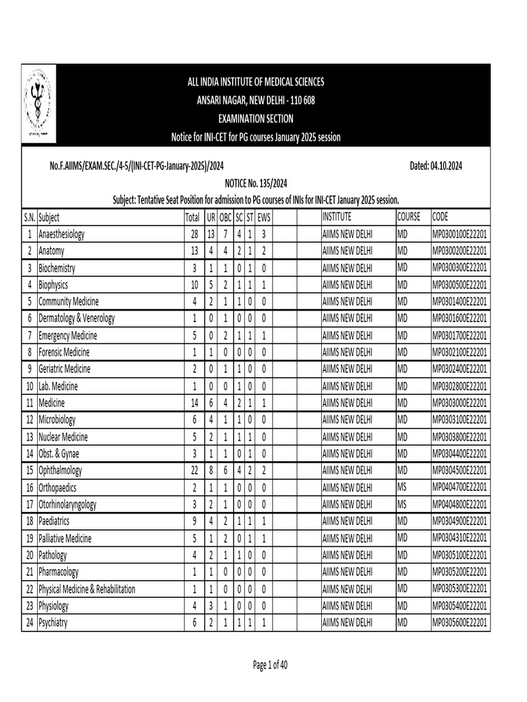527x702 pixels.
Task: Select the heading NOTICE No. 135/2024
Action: (255, 184)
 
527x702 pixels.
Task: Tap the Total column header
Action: (192, 217)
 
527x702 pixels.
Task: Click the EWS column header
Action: (263, 217)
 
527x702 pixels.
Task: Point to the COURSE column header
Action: (409, 217)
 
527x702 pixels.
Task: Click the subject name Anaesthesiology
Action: (62, 234)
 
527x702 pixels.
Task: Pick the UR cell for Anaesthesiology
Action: (211, 234)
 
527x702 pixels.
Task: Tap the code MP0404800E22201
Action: (459, 505)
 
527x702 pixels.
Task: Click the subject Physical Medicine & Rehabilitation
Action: (87, 589)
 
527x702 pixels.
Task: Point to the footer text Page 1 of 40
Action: (270, 664)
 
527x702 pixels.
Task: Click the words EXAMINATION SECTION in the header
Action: (255, 119)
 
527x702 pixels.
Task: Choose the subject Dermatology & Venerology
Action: (77, 319)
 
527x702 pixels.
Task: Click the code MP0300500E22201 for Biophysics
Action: (459, 285)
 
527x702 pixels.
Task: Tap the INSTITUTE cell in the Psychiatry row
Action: (347, 622)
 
